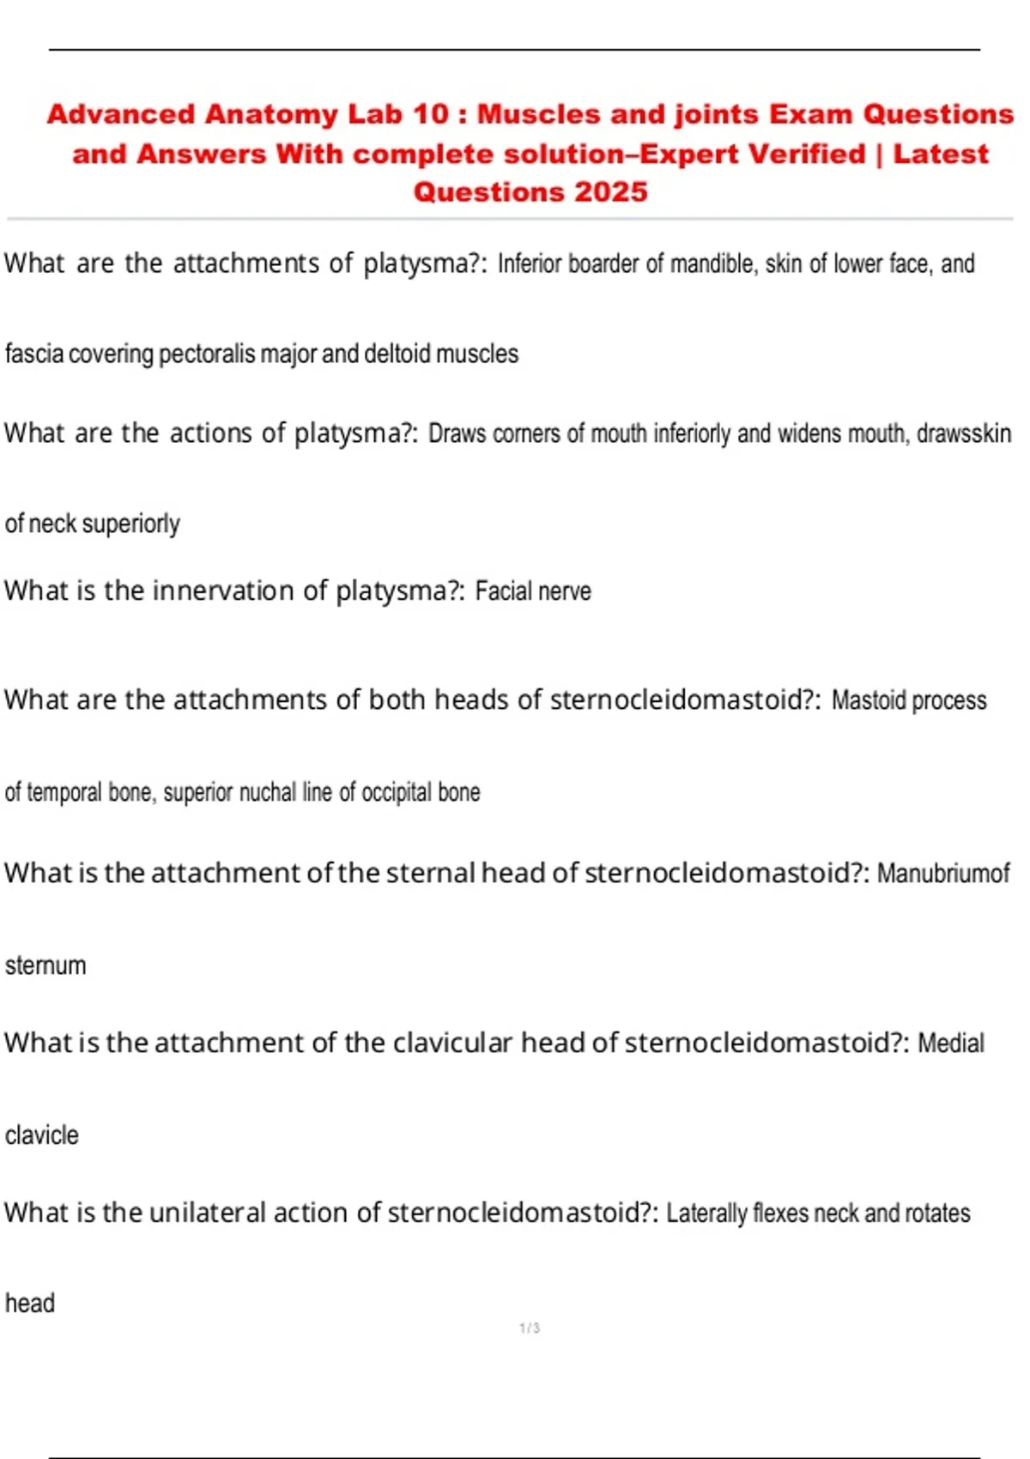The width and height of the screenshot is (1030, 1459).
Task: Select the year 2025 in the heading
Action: point(611,191)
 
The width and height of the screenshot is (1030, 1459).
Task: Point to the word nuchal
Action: point(268,792)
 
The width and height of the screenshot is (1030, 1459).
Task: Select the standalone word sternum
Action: point(45,966)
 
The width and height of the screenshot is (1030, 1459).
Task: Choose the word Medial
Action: point(951,1043)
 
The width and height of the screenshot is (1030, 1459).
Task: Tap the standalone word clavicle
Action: point(42,1135)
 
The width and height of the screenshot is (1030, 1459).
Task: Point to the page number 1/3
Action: point(530,1329)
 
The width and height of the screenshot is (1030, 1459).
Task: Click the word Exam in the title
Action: point(810,114)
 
